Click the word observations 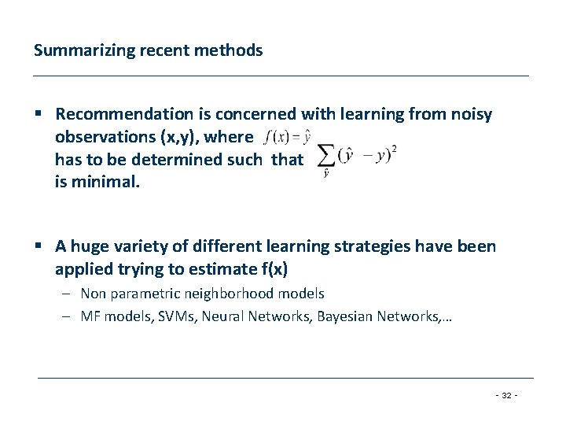coord(105,137)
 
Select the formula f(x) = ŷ coord(287,137)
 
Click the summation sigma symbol coord(326,157)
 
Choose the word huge coord(93,247)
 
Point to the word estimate coord(222,269)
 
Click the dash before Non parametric coord(68,294)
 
